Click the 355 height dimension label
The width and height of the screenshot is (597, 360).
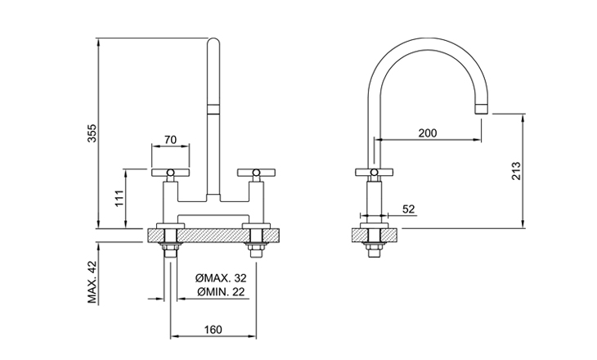[x=92, y=133]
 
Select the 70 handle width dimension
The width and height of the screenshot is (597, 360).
[x=171, y=140]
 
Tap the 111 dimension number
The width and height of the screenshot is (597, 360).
[x=119, y=198]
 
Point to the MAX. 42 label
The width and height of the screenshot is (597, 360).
[x=92, y=282]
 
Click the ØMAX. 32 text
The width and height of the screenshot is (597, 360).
[x=221, y=277]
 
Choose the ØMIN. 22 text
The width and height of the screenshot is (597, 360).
[x=221, y=292]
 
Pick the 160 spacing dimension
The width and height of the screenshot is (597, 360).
[x=213, y=330]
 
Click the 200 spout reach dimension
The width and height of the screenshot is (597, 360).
[x=428, y=133]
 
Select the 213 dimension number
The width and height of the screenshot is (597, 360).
[x=516, y=171]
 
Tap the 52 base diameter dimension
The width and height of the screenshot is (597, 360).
[x=409, y=209]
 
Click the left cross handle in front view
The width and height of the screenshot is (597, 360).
[x=171, y=173]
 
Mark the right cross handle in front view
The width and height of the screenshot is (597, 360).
[x=256, y=173]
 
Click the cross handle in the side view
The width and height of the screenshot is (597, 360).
[x=375, y=173]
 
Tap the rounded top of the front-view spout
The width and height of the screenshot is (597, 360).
[x=213, y=42]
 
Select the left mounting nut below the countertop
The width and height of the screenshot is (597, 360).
[x=171, y=248]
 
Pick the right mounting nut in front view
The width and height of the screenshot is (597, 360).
[x=256, y=248]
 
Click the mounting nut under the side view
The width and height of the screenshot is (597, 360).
[x=375, y=248]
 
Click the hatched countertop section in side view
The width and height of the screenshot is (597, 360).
[x=375, y=235]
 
